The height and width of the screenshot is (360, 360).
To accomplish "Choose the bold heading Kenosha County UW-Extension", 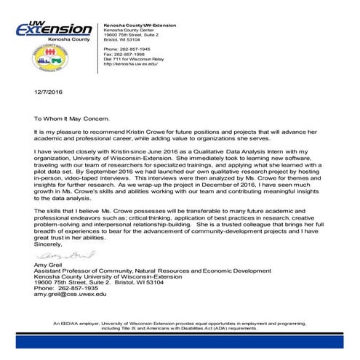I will click(x=139, y=24).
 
